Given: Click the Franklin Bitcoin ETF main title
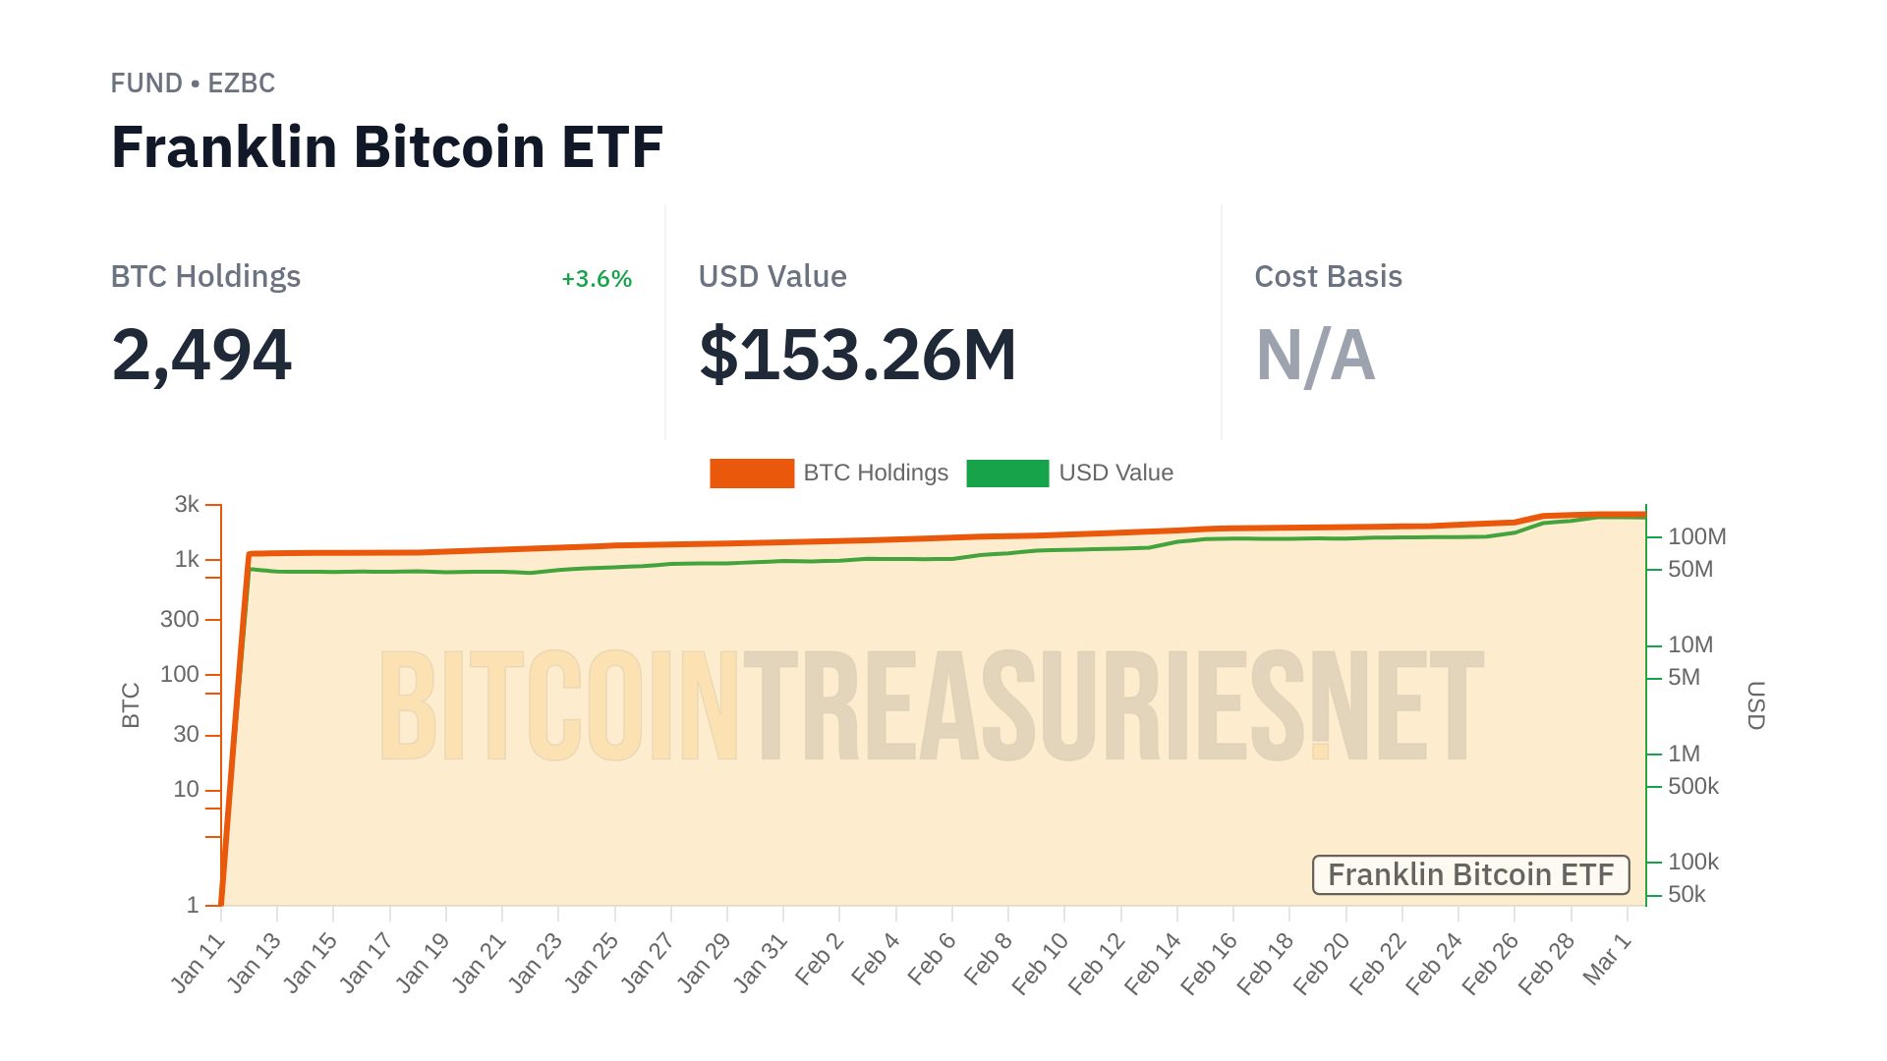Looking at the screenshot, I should click(387, 147).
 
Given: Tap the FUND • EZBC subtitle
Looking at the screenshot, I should click(193, 84).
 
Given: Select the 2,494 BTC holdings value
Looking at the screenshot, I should click(201, 355).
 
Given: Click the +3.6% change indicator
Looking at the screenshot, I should click(596, 279).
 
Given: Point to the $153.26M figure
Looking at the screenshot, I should click(857, 355).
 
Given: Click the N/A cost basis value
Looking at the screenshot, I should click(1315, 355).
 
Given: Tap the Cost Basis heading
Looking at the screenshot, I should click(1328, 277).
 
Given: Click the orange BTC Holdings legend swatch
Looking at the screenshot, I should click(752, 474).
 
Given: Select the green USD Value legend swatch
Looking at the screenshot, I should click(1007, 474).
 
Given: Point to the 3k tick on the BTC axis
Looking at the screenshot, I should click(187, 505).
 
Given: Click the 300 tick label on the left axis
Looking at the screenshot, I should click(180, 620).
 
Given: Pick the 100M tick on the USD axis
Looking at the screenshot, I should click(1696, 537).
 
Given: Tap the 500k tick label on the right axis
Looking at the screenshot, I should click(1692, 787).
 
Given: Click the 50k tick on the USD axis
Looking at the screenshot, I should click(1687, 895).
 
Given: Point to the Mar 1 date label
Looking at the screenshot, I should click(1608, 958).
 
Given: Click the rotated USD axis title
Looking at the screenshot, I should click(1755, 705).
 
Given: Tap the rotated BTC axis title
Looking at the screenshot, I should click(131, 705).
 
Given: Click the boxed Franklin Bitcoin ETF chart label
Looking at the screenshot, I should click(1470, 875).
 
